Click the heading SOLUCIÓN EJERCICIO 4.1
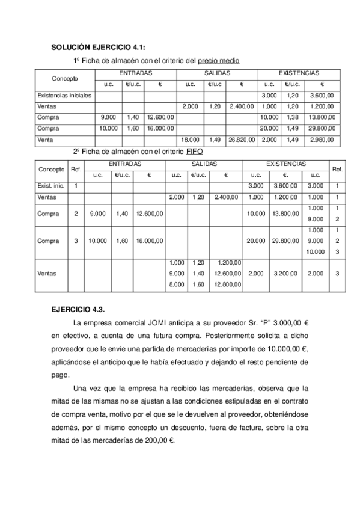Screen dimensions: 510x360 coord(97,46)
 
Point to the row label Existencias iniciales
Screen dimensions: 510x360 coord(64,95)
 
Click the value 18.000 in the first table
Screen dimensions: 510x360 coord(191,140)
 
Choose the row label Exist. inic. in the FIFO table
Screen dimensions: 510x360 coord(51,186)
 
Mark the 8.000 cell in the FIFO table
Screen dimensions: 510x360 coord(177,284)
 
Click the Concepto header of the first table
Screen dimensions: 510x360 coord(64,79)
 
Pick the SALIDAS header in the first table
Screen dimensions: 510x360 coord(216,73)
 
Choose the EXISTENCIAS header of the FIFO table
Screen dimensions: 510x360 coord(269,164)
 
